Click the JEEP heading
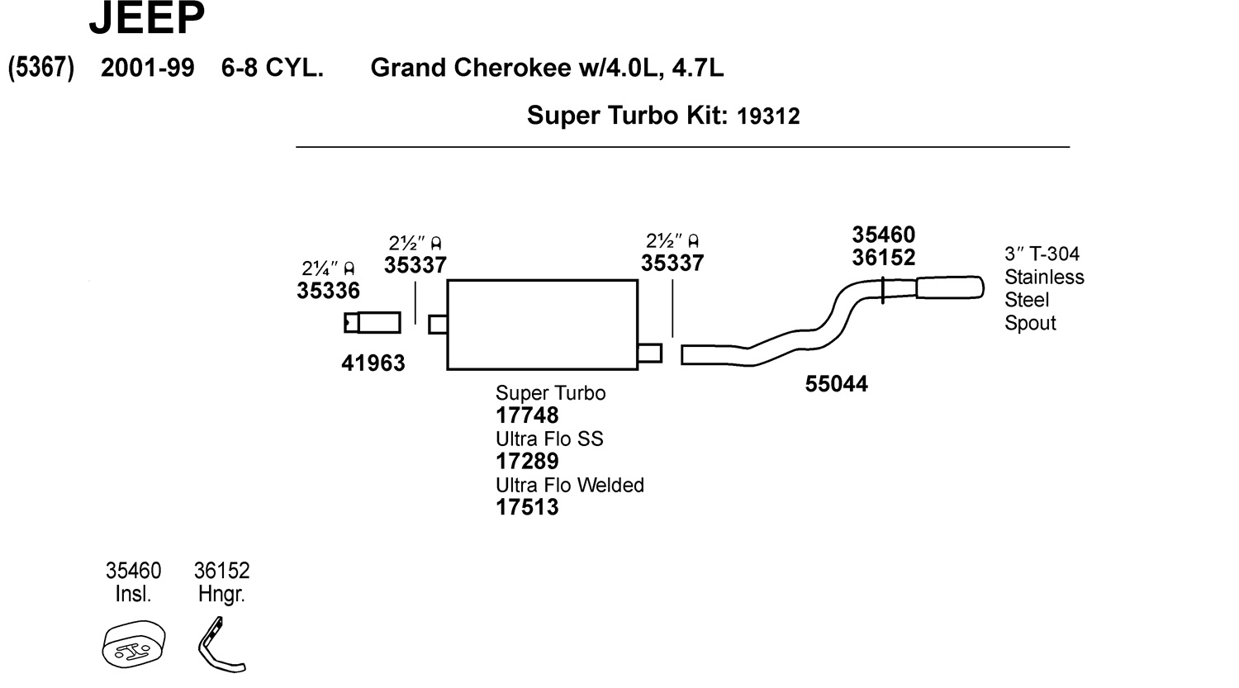pos(146,18)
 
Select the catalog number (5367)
pos(41,68)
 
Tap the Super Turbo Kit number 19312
pos(768,116)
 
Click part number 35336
pos(328,291)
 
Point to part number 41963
pos(373,363)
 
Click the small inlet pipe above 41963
pos(373,322)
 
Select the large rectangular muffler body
pos(542,325)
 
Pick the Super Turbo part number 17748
pos(527,415)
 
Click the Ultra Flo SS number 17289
pos(527,462)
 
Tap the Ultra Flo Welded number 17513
pos(527,507)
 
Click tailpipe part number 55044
pos(836,385)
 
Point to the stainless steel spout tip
pos(950,287)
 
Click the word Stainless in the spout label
pos(1044,278)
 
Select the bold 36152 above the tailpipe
pos(884,258)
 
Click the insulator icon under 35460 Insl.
pos(134,643)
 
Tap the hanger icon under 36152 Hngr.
pos(220,645)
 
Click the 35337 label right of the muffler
pos(672,263)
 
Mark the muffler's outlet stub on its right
pos(649,353)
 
